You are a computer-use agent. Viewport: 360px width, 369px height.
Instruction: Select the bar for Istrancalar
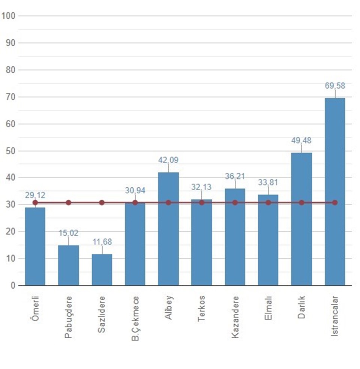click(335, 191)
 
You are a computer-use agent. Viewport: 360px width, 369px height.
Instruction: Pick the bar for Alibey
click(168, 229)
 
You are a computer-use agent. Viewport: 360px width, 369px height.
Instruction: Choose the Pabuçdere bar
click(68, 265)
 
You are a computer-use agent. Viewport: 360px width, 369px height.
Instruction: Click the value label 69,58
click(335, 86)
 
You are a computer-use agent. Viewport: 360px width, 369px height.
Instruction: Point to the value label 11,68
click(102, 242)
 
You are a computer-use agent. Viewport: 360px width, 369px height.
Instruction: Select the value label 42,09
click(168, 160)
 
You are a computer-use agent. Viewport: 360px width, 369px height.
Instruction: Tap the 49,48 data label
click(301, 141)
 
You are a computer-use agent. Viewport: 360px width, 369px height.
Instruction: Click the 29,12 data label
click(35, 195)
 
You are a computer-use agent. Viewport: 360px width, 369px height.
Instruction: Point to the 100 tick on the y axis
click(8, 16)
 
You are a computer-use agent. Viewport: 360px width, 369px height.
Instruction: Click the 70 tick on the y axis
click(10, 97)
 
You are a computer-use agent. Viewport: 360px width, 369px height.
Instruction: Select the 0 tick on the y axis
click(12, 286)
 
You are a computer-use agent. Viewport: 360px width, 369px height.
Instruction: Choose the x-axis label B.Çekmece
click(135, 318)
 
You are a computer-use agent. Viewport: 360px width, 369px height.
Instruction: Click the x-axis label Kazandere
click(235, 317)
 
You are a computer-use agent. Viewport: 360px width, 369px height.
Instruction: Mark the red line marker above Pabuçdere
click(68, 203)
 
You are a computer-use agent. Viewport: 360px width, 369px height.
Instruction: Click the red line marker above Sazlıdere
click(102, 203)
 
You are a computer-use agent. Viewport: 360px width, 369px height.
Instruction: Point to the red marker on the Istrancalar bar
click(335, 203)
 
